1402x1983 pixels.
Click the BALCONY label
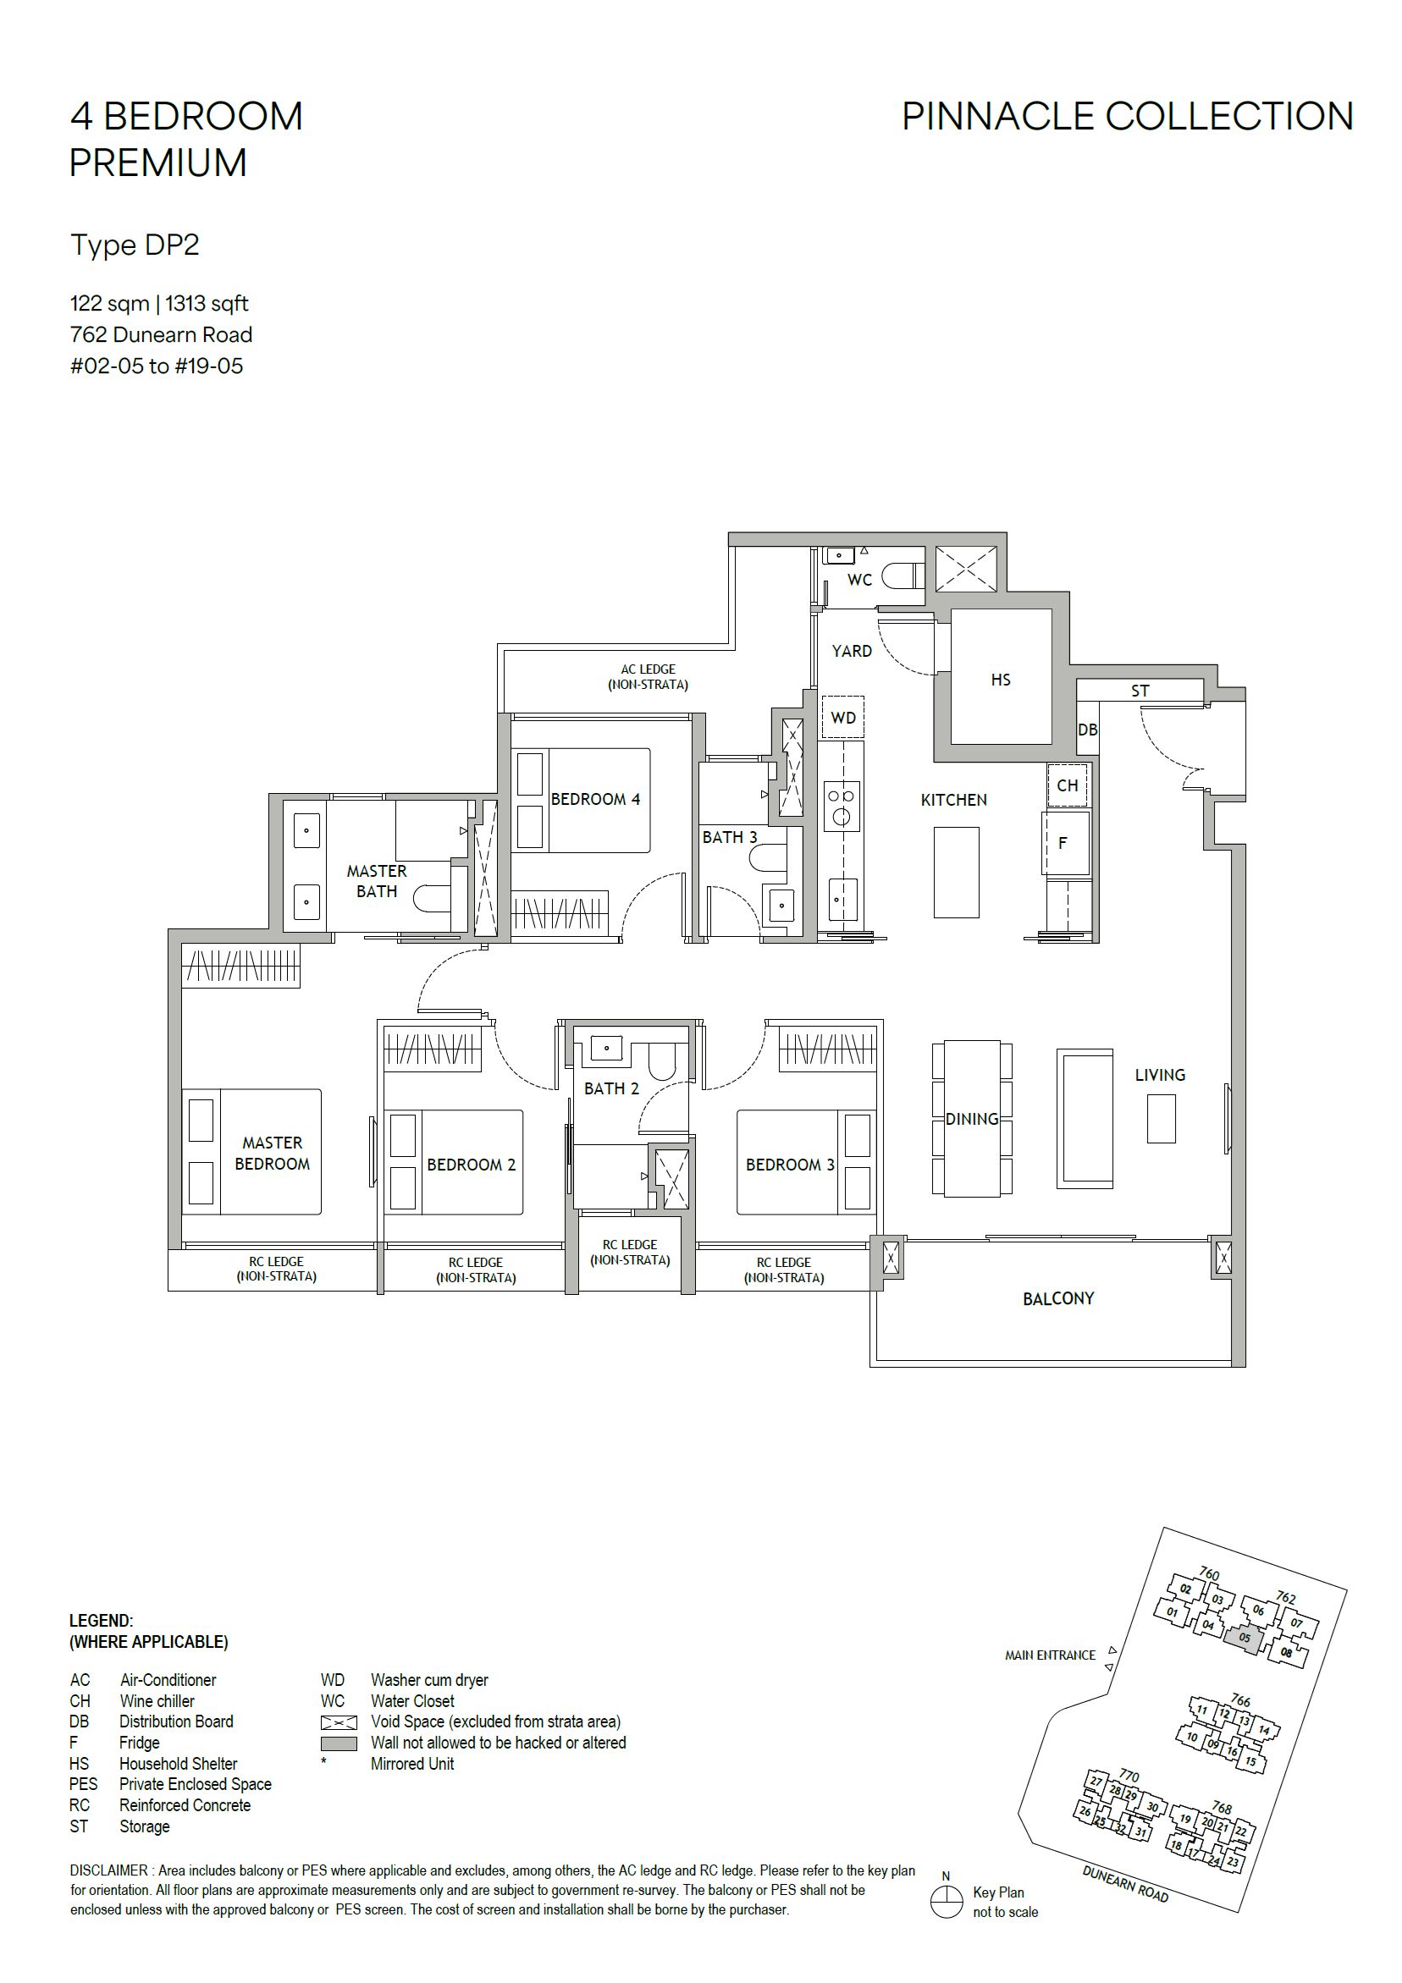pos(1057,1299)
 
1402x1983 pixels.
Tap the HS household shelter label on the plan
pos(1001,680)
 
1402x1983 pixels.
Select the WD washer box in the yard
pos(842,717)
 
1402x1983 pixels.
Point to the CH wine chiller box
pos(1067,785)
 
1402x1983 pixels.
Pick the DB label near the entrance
pos(1088,730)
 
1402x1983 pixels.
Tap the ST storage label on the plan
pos(1140,691)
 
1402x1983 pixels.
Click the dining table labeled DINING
pos(972,1119)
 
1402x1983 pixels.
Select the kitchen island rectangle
pos(957,873)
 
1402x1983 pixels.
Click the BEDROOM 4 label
pos(595,799)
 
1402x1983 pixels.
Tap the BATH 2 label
pos(611,1088)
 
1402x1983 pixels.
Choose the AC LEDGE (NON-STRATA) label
pos(648,677)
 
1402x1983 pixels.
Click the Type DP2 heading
pos(135,245)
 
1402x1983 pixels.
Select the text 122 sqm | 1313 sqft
pos(159,303)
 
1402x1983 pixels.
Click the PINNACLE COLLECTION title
pos(1128,117)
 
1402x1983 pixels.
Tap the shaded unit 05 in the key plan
pos(1244,1638)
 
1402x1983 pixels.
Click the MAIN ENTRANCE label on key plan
pos(1050,1655)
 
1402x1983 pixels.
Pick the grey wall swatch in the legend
pos(339,1743)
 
